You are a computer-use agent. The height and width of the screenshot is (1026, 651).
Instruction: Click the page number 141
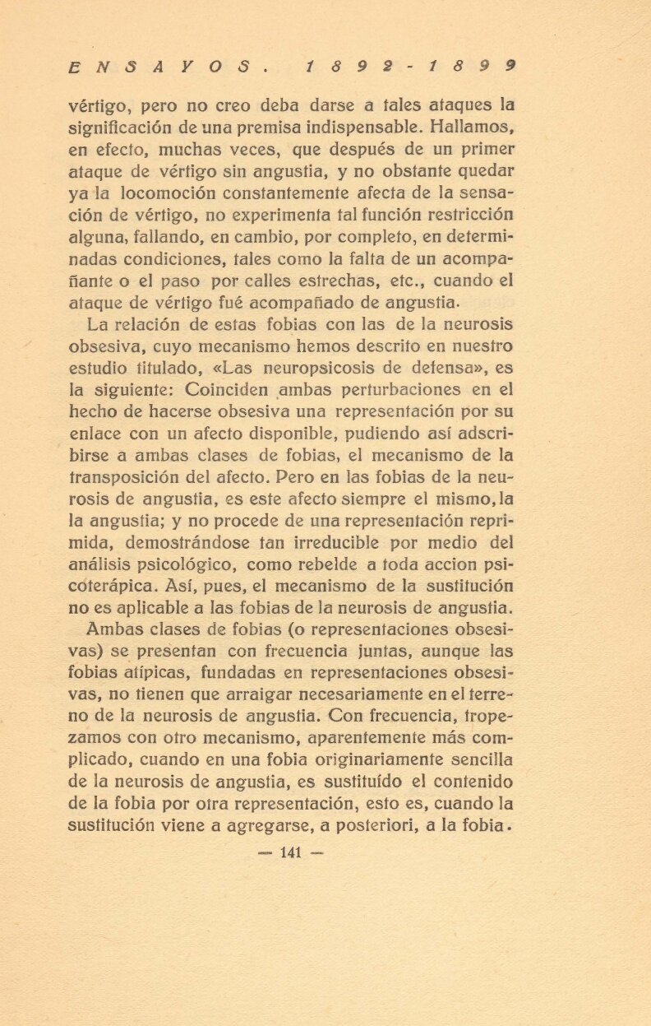coord(292,852)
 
